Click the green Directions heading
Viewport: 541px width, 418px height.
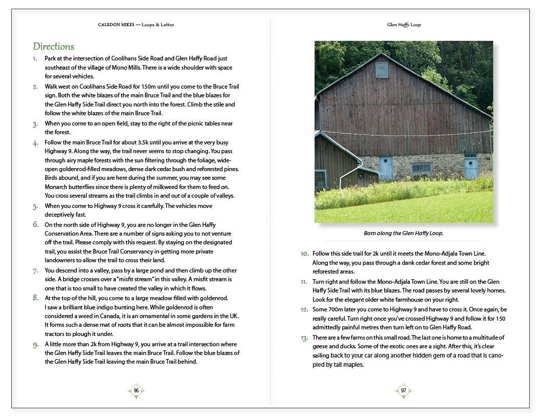pos(54,47)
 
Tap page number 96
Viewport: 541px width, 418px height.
pos(136,390)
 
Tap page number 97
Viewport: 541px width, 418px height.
pos(404,391)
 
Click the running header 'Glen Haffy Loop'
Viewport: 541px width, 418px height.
pos(404,25)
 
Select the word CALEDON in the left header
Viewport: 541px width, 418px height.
pos(109,25)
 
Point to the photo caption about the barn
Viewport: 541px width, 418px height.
pos(403,233)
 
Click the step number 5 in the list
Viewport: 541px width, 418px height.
pos(35,206)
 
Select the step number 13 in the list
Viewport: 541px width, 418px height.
pos(304,338)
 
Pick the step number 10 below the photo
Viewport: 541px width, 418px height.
pos(304,254)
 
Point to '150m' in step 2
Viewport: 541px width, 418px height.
pos(141,86)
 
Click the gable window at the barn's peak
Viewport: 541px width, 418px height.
pos(382,70)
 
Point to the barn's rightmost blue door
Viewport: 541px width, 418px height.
pos(471,166)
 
